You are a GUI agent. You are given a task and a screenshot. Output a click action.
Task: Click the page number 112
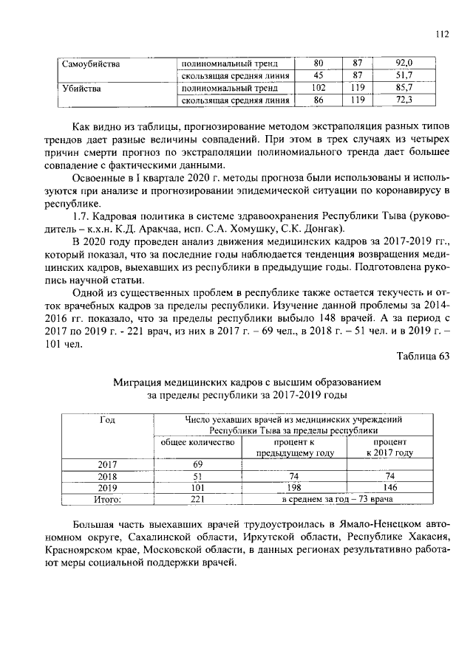(x=442, y=33)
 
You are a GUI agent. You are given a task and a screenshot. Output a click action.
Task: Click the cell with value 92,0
(x=404, y=63)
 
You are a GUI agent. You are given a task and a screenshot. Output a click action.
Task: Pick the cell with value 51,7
(x=404, y=75)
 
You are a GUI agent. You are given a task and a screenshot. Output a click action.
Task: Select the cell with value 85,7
(x=404, y=88)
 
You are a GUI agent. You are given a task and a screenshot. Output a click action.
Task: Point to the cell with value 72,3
(x=404, y=100)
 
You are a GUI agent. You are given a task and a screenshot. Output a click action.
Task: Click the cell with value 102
(x=319, y=88)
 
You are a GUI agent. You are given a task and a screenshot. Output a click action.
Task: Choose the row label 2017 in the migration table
(x=108, y=464)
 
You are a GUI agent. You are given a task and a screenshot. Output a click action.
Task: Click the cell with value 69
(x=197, y=464)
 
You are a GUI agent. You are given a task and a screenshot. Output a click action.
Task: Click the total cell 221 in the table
(x=197, y=500)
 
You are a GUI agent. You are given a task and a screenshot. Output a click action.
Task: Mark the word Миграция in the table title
(x=139, y=382)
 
